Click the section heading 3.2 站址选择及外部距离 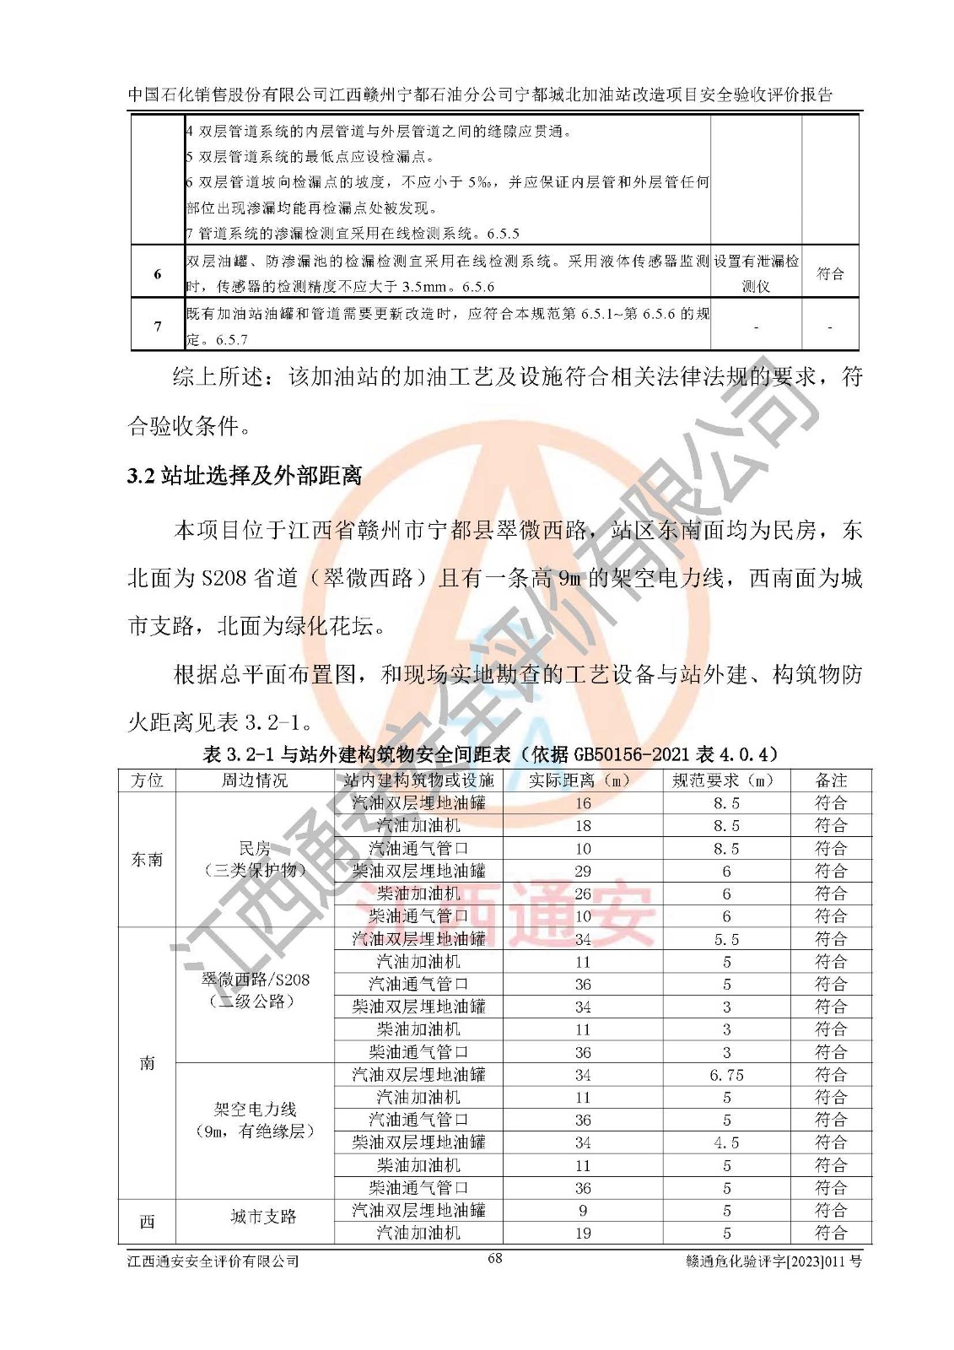[245, 476]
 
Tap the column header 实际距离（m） [582, 780]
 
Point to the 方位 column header [148, 780]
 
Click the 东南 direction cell [148, 860]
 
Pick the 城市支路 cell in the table [263, 1217]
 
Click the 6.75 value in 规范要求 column [726, 1075]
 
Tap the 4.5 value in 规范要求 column [726, 1142]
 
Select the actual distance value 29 [583, 872]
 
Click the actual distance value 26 [583, 894]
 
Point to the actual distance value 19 [583, 1233]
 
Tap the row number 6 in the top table [158, 273]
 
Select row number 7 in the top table [158, 326]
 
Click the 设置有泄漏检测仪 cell [756, 273]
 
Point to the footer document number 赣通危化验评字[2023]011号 [774, 1262]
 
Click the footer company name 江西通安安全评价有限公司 [213, 1261]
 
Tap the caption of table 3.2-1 [491, 754]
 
